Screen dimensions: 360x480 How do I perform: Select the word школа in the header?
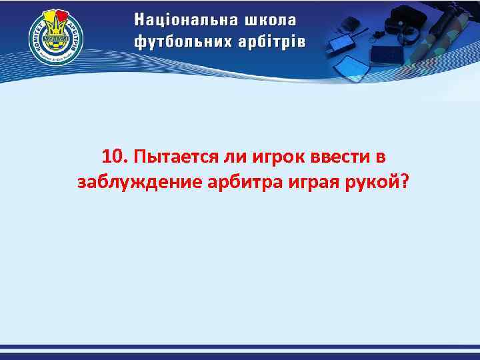tap(271, 19)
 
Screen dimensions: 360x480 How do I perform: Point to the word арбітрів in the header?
tap(268, 41)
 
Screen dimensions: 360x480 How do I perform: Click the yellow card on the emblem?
tap(49, 16)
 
